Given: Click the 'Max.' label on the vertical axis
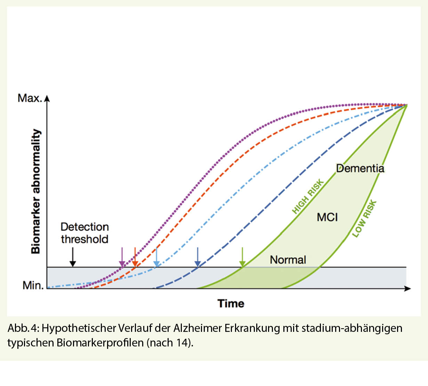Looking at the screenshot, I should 30,98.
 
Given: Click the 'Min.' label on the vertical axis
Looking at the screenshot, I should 33,285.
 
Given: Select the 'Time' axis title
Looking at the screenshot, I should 231,303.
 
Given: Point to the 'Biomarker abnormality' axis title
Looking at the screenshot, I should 36,191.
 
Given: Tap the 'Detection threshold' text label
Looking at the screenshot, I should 84,233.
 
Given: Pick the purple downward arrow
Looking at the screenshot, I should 122,257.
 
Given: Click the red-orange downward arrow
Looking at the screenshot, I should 135,257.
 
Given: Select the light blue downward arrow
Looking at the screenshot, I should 157,257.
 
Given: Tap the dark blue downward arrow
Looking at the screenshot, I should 197,257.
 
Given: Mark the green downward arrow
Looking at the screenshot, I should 242,257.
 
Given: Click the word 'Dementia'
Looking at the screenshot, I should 360,169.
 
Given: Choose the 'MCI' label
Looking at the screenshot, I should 327,217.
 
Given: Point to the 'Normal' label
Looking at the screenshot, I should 288,260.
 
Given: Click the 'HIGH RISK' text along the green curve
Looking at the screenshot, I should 308,196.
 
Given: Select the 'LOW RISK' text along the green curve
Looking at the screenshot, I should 364,219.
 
